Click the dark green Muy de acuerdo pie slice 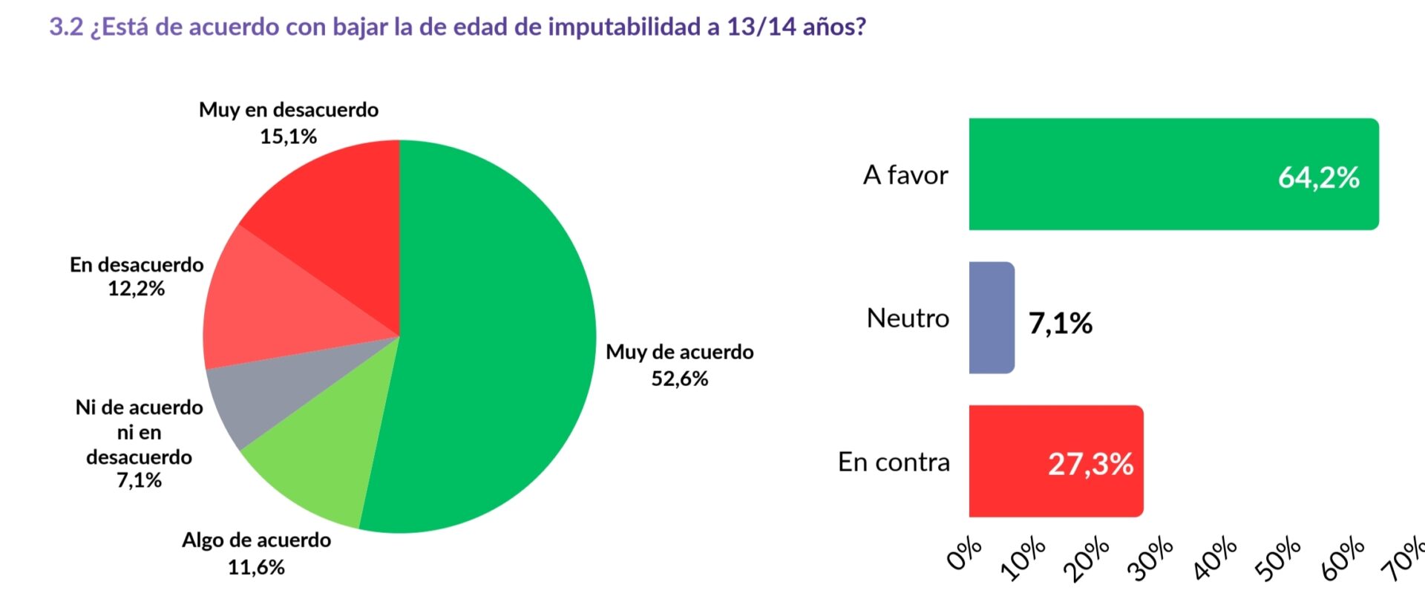coord(490,334)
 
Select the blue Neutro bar coord(992,318)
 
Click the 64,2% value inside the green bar coord(1318,178)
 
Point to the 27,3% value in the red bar coord(1090,465)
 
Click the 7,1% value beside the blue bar coord(1060,324)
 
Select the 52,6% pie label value coord(679,379)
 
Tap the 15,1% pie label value coord(288,137)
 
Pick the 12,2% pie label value coord(136,289)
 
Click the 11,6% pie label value coord(256,568)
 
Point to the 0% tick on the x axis coord(966,555)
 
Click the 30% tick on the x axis coord(1151,559)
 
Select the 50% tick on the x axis coord(1279,559)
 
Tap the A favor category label coord(905,175)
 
